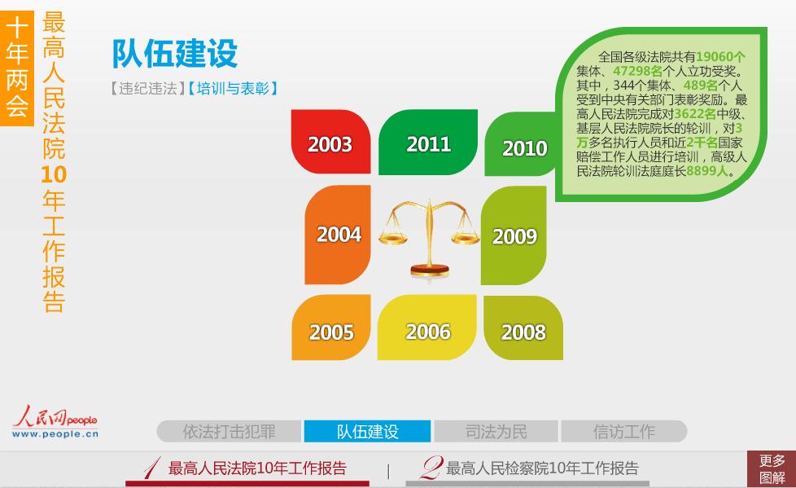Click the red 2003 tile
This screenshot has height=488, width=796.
pos(331,142)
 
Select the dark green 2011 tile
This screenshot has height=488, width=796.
pos(428,142)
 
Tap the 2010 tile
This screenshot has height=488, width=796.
pos(520,144)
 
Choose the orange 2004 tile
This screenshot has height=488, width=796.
pos(338,235)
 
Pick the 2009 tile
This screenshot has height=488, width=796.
pos(514,235)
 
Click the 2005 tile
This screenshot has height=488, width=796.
pos(331,328)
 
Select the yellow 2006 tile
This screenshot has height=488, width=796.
pos(427,328)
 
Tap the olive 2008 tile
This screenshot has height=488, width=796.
pos(523,328)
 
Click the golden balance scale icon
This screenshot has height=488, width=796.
pos(429,237)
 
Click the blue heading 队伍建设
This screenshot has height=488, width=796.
pos(175,54)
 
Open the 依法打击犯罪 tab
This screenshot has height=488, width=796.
pos(229,432)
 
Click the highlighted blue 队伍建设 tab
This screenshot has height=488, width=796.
pos(368,432)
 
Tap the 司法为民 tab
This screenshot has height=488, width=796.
pos(496,432)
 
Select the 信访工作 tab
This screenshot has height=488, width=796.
pos(624,432)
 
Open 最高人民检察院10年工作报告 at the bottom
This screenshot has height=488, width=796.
pos(530,468)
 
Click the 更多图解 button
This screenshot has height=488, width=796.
pos(771,469)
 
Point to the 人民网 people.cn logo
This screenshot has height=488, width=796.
pos(55,422)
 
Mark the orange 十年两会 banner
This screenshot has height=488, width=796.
pos(17,68)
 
